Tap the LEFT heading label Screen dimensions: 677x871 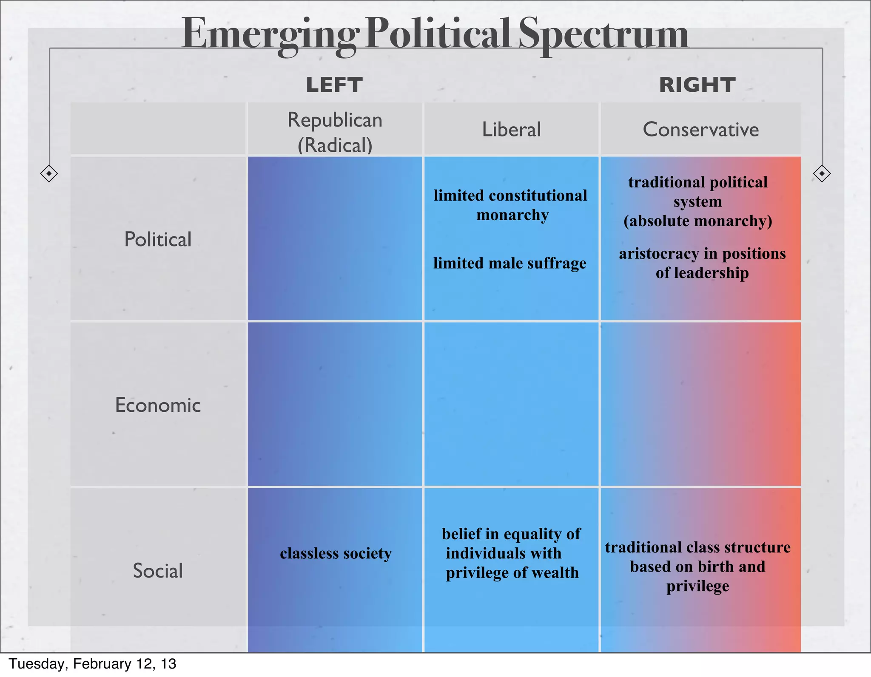pyautogui.click(x=334, y=85)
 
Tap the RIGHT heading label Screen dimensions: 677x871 pyautogui.click(x=697, y=85)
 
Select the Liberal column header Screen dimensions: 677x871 pyautogui.click(x=511, y=130)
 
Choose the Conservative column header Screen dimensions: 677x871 pyautogui.click(x=700, y=130)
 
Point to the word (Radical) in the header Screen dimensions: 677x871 pyautogui.click(x=335, y=145)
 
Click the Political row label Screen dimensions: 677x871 pyautogui.click(x=158, y=239)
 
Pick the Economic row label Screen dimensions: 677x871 pyautogui.click(x=158, y=405)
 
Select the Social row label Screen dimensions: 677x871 pyautogui.click(x=158, y=570)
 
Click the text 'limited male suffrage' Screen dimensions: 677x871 pyautogui.click(x=510, y=263)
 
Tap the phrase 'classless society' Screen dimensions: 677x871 pyautogui.click(x=336, y=553)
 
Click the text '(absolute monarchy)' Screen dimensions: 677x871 pyautogui.click(x=697, y=221)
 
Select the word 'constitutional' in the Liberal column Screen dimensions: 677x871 pyautogui.click(x=538, y=195)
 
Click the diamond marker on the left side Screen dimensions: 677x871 pyautogui.click(x=49, y=173)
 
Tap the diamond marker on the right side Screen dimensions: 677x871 pyautogui.click(x=822, y=173)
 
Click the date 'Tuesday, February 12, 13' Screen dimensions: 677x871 pyautogui.click(x=92, y=664)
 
